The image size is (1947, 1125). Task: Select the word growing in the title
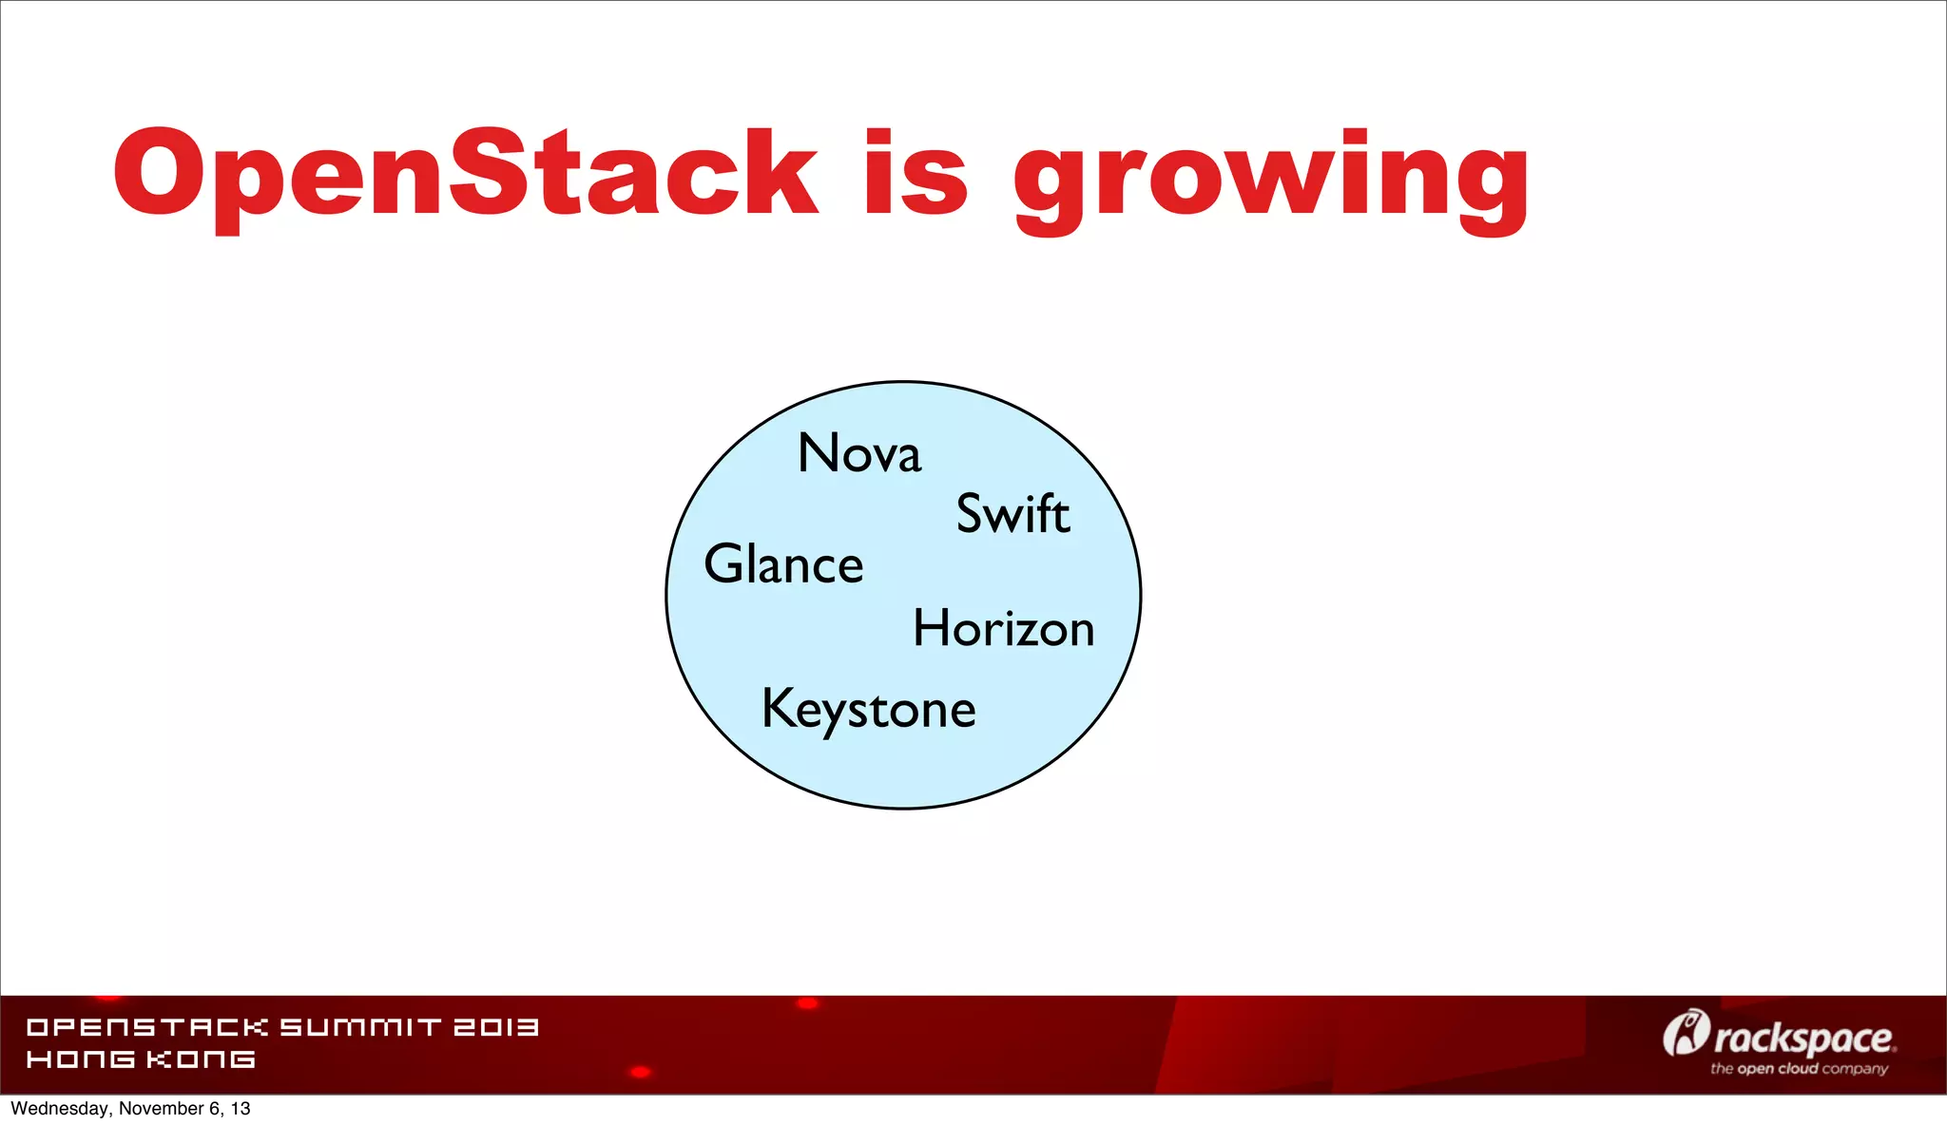pos(1271,181)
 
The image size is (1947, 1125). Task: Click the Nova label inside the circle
pos(859,453)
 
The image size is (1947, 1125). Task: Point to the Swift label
pos(1012,514)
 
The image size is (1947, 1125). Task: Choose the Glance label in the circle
pos(783,564)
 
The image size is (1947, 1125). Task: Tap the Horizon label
pos(1004,629)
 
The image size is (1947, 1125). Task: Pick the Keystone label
pos(869,710)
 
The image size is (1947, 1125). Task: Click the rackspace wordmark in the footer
pos(1803,1039)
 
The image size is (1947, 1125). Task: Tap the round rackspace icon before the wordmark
pos(1685,1033)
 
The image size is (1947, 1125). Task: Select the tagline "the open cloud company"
pos(1799,1069)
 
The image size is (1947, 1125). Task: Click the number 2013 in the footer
pos(495,1027)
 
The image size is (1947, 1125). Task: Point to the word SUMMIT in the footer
pos(360,1027)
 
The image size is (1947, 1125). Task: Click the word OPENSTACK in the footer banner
pos(147,1027)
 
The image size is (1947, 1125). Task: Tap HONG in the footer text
pos(80,1059)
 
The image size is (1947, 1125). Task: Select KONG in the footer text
pos(201,1059)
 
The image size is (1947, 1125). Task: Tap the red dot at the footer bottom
pos(641,1072)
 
